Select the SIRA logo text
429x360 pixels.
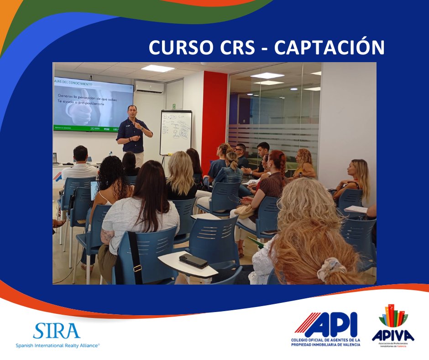pyautogui.click(x=57, y=331)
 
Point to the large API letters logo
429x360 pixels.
pyautogui.click(x=326, y=325)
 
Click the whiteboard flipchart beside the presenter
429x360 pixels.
pyautogui.click(x=175, y=132)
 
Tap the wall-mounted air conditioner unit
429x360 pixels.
pyautogui.click(x=149, y=87)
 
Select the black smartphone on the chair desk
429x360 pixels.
pyautogui.click(x=193, y=261)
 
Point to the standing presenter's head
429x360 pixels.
pyautogui.click(x=131, y=111)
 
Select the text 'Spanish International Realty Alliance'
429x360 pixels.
pyautogui.click(x=58, y=345)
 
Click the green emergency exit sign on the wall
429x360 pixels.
pyautogui.click(x=173, y=106)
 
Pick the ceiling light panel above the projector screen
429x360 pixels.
pyautogui.click(x=158, y=69)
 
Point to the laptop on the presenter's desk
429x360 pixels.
pyautogui.click(x=56, y=159)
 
